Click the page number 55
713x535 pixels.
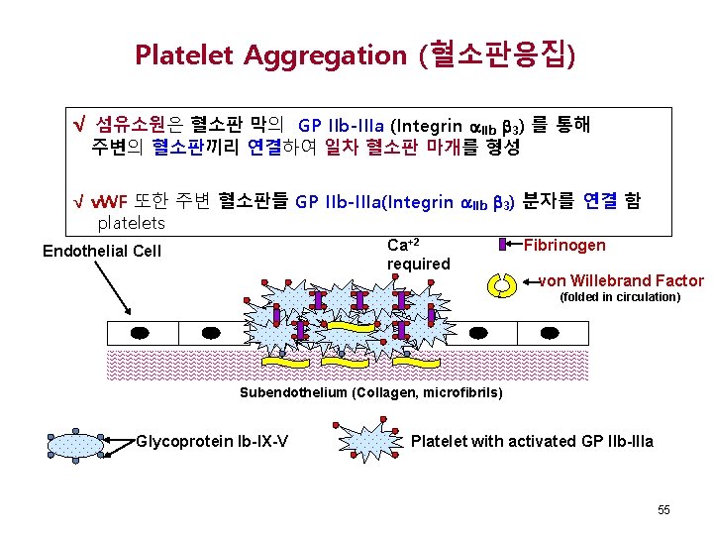pos(663,509)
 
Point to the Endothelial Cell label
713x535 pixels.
pos(102,251)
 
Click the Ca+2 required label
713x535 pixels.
pos(418,255)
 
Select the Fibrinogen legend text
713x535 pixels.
pos(564,245)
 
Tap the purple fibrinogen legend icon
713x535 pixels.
pos(502,245)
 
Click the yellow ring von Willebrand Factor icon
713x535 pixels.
pos(502,284)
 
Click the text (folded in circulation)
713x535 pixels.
pos(620,296)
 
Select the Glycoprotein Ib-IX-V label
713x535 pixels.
pos(213,441)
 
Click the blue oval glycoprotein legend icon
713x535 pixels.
pos(75,441)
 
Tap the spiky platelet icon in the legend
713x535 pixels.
pos(368,441)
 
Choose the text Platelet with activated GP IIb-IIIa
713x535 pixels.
pos(532,441)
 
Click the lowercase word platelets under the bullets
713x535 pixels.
pos(131,223)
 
